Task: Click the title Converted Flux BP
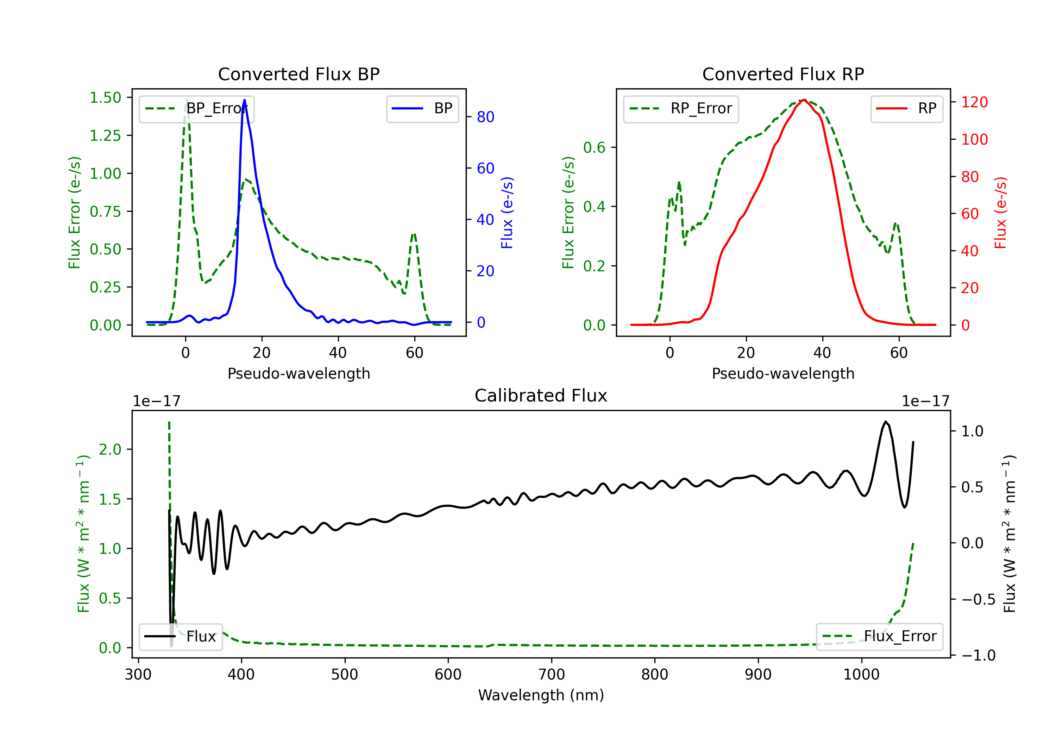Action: [x=298, y=74]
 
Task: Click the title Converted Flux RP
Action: [x=783, y=74]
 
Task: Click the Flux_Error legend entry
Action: [x=879, y=637]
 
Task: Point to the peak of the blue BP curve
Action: [x=244, y=100]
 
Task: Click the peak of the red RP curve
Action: [x=804, y=100]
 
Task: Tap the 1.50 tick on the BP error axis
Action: [x=105, y=97]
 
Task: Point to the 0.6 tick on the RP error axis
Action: [x=594, y=147]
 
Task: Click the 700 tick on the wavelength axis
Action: [x=552, y=674]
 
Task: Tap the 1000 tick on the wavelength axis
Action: [x=861, y=674]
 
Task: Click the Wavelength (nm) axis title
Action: [x=541, y=695]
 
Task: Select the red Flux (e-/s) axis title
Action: [x=1000, y=213]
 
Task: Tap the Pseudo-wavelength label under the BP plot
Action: [x=299, y=373]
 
